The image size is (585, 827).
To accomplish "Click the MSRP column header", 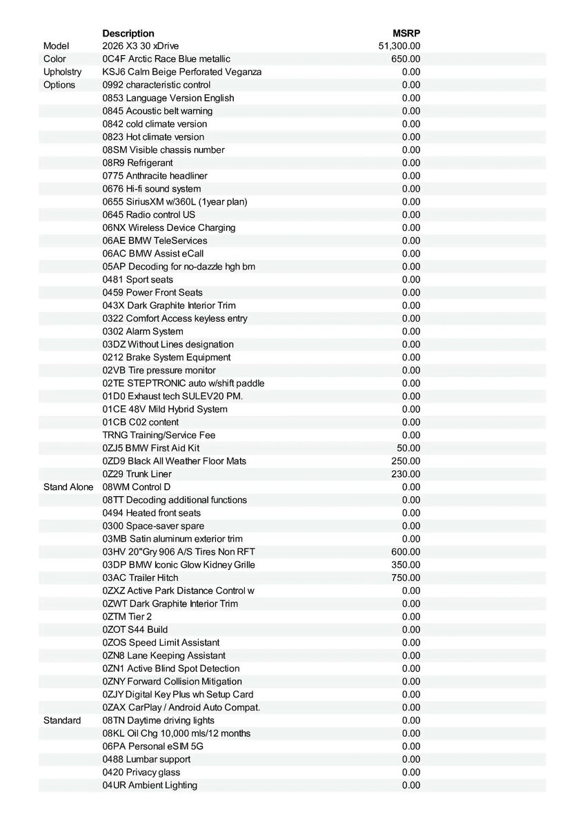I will (406, 33).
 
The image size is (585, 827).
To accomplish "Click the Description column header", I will (128, 33).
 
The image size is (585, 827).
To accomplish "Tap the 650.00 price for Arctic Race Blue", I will (406, 59).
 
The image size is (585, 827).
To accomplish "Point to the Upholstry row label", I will (62, 72).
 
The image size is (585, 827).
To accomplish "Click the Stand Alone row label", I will (68, 487).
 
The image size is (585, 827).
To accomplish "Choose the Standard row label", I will (62, 720).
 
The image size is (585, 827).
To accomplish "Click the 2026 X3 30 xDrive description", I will (140, 46).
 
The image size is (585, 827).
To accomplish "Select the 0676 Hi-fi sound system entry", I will (152, 189).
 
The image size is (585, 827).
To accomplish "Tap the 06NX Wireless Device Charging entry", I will (169, 227).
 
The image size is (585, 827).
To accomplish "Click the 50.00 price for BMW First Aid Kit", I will (408, 448).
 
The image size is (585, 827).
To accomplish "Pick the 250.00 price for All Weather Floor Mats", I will (406, 461).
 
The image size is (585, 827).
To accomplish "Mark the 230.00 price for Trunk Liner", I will (406, 474).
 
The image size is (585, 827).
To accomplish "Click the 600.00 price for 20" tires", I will (406, 552).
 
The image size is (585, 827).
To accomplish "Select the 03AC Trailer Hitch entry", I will (140, 578).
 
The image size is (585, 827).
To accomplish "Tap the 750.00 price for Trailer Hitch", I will (406, 578).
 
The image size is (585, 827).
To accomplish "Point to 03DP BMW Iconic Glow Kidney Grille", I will (179, 565).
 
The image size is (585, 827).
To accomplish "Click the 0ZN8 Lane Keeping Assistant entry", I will (163, 655).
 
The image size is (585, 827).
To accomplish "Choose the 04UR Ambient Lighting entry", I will (150, 785).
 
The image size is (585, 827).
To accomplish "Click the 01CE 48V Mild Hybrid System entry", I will (165, 409).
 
